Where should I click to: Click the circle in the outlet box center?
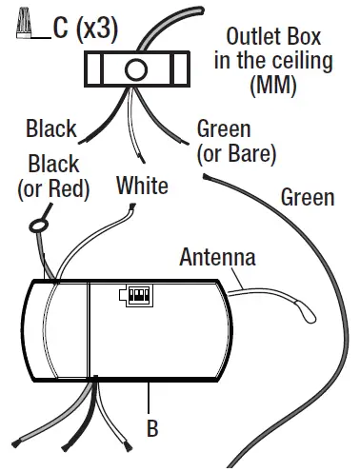coord(134,69)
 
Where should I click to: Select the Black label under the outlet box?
coord(51,128)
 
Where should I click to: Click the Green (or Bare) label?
coord(235,140)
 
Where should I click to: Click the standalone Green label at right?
coord(308,197)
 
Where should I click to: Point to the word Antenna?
coord(217,257)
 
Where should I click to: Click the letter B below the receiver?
coord(151,428)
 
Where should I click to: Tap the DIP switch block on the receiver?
coord(137,296)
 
